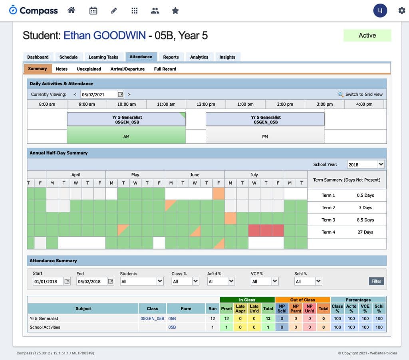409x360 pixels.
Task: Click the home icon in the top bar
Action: [x=71, y=11]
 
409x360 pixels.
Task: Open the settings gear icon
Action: [x=401, y=11]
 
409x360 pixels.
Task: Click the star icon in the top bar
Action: [x=175, y=11]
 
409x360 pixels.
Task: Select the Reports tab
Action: [x=171, y=57]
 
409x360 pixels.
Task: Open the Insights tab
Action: [x=227, y=57]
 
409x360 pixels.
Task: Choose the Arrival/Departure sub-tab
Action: [x=127, y=69]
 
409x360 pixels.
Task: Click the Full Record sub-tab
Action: [x=165, y=69]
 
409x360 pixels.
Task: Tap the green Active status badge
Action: [x=367, y=36]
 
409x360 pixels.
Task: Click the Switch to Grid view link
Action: [x=363, y=94]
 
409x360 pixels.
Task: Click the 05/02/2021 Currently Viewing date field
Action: [x=99, y=95]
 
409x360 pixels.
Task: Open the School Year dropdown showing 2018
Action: [x=365, y=164]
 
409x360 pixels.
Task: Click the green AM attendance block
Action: [x=126, y=136]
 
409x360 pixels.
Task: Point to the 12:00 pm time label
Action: [x=206, y=104]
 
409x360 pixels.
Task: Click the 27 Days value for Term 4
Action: [x=365, y=232]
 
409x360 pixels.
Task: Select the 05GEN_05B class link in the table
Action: [x=152, y=318]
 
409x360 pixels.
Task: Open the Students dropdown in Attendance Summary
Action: [x=142, y=281]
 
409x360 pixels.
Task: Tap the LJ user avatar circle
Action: [x=380, y=11]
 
